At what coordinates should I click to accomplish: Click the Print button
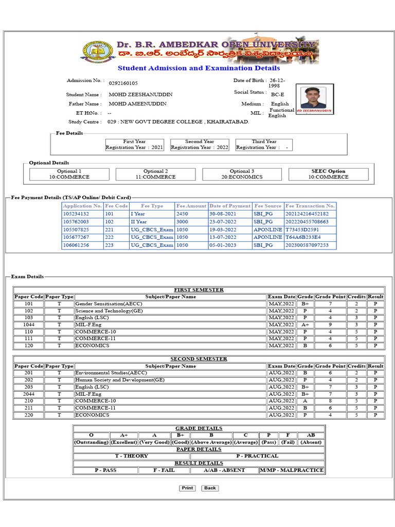(187, 488)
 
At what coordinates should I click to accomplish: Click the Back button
(209, 488)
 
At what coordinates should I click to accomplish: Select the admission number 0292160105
(123, 83)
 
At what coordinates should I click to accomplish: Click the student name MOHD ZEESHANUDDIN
(140, 95)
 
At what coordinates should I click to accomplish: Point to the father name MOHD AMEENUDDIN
(138, 104)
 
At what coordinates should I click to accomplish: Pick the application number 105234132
(76, 214)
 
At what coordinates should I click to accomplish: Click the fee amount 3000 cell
(182, 221)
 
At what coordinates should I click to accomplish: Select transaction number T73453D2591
(302, 230)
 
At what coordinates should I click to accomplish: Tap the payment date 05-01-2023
(223, 245)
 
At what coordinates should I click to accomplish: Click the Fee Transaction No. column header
(310, 206)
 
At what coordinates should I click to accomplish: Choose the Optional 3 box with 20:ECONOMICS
(242, 174)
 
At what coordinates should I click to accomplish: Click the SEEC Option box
(328, 174)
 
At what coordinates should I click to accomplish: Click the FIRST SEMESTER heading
(199, 290)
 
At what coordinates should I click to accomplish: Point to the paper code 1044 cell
(29, 325)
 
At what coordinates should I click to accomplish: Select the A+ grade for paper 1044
(305, 325)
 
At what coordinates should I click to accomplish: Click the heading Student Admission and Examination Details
(199, 68)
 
